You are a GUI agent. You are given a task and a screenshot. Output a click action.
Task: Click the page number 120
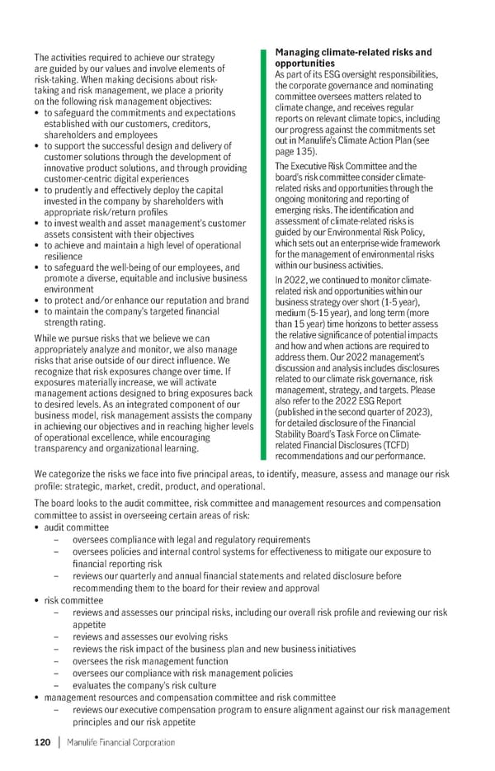pyautogui.click(x=42, y=742)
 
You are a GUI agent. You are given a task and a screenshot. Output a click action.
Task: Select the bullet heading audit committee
pyautogui.click(x=76, y=527)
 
